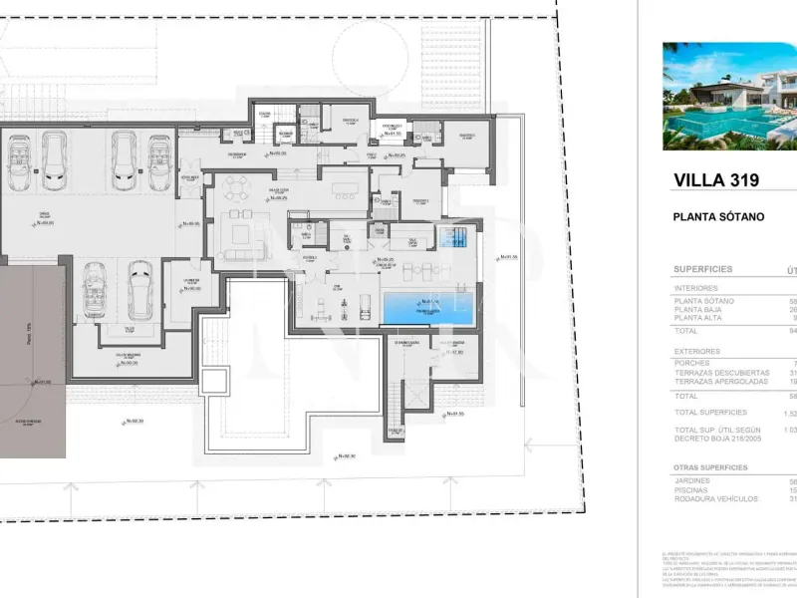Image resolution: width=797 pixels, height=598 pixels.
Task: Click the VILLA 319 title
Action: point(716,180)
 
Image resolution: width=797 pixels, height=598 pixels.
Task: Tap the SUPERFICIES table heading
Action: point(703,269)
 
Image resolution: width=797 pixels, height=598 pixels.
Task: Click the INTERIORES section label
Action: point(696,288)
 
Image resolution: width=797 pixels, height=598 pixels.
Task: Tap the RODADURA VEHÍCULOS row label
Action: point(716,498)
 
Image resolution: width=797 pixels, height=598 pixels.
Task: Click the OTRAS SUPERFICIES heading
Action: point(710,466)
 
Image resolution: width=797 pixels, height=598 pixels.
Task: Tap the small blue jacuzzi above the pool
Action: point(454,237)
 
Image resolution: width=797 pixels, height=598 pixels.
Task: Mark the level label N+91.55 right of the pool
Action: point(508,257)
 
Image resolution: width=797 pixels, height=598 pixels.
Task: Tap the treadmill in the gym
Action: point(322,303)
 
